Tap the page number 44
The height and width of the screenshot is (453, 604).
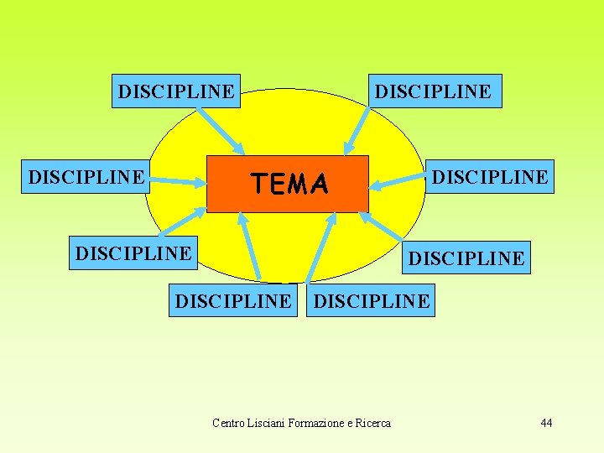click(x=546, y=423)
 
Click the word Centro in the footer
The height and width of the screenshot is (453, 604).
click(x=227, y=423)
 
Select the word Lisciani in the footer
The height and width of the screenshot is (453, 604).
click(x=265, y=423)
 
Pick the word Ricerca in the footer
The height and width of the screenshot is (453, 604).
click(x=371, y=423)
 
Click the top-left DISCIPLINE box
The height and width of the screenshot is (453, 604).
click(x=176, y=91)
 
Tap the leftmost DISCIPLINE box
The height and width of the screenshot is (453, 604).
click(x=86, y=177)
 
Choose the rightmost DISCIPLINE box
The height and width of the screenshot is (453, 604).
click(x=490, y=177)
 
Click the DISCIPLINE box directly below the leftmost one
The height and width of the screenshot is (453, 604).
click(x=133, y=252)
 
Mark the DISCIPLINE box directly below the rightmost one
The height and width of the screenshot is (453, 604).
click(x=466, y=258)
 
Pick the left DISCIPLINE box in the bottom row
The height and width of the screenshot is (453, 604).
click(x=232, y=300)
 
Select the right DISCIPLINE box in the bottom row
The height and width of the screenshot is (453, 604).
click(x=371, y=300)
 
